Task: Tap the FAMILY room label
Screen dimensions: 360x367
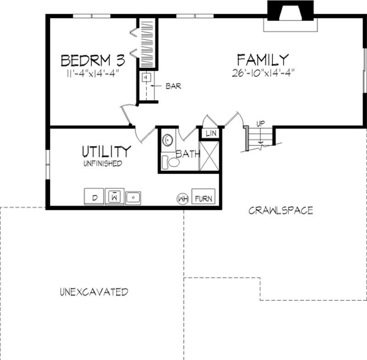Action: (263, 60)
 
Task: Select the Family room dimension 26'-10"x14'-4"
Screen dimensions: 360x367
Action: (263, 72)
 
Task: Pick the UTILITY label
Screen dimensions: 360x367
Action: (106, 151)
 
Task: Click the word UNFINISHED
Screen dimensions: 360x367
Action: (103, 163)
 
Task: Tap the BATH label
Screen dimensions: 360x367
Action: (188, 154)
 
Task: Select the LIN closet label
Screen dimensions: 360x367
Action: (211, 133)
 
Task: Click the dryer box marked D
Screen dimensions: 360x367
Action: (94, 197)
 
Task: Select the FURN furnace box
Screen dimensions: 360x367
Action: (203, 198)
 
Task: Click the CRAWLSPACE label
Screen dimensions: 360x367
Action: (281, 210)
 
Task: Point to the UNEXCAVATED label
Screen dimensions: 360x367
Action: (94, 292)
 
